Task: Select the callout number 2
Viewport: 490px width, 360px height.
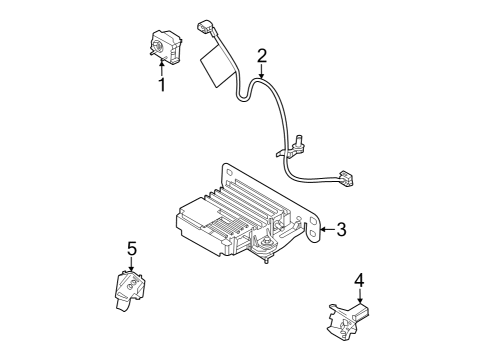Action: [262, 55]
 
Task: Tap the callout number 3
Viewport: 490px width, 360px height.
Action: [341, 231]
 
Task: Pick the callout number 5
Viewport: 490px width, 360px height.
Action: [131, 247]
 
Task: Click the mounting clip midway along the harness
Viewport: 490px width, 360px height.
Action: [290, 149]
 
